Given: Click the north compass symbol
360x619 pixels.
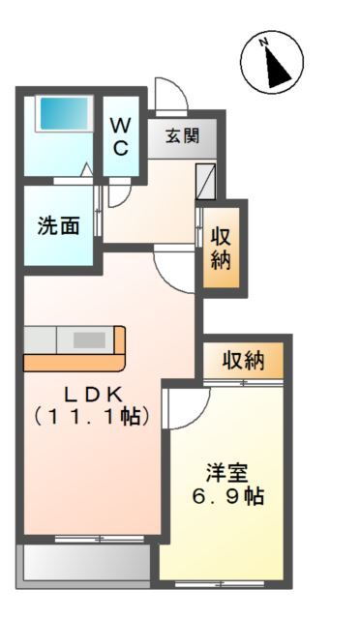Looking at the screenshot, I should click(272, 63).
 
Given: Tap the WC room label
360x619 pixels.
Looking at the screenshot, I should click(121, 135).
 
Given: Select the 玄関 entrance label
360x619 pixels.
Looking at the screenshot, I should click(182, 136).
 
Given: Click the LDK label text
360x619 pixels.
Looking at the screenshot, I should click(93, 395).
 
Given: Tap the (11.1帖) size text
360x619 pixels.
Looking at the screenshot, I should click(92, 418).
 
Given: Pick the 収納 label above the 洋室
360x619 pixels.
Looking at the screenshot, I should click(244, 361).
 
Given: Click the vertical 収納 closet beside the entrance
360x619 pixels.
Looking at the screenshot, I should click(223, 249).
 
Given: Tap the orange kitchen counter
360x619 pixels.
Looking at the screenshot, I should click(74, 349).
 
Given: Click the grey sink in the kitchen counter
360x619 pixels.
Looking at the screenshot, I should click(89, 339).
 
